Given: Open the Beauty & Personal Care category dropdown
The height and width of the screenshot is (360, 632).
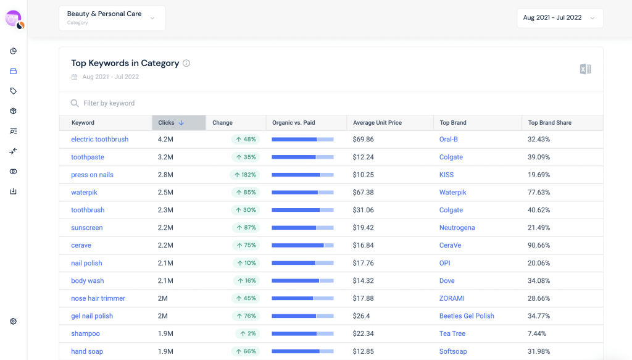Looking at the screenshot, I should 112,18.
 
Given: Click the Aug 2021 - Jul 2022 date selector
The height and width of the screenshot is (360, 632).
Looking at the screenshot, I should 559,18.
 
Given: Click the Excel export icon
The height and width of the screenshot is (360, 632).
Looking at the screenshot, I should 585,69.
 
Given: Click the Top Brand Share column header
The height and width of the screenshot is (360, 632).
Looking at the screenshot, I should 549,123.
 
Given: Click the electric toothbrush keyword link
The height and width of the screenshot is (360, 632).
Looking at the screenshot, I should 99,140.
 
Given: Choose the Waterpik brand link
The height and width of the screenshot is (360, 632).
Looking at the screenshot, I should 452,193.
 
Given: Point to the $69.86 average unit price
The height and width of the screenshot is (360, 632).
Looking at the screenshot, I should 363,140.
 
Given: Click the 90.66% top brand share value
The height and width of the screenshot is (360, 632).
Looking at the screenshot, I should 538,245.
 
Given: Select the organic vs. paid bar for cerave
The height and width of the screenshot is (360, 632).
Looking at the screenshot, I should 302,245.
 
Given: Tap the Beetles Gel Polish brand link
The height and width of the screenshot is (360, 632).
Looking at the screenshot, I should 467,316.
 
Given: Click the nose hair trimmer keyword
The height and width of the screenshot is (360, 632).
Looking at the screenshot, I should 98,298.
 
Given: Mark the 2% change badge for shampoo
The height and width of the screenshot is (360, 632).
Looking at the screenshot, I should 247,333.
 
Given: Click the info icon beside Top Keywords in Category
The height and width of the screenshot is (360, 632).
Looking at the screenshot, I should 186,63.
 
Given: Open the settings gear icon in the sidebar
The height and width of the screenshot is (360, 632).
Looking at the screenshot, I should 14,321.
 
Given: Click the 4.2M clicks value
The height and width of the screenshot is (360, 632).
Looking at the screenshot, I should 165,140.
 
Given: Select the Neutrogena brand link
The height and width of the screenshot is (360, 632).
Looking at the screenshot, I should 457,228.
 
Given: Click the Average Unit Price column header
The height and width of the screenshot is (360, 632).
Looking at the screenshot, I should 377,123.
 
